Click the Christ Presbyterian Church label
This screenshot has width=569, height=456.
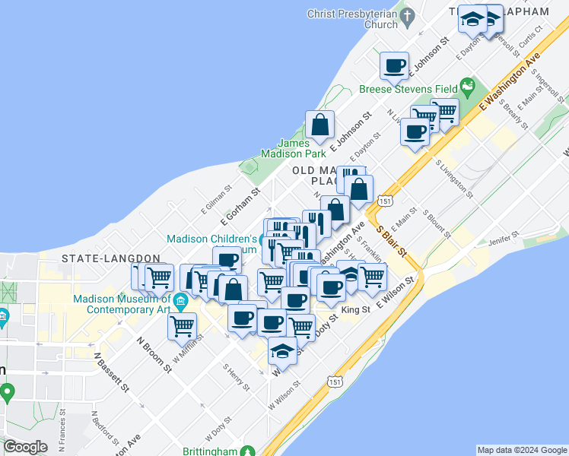click(x=351, y=19)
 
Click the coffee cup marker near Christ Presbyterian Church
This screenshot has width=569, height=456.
click(x=394, y=67)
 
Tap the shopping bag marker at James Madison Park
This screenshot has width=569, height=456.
click(x=320, y=126)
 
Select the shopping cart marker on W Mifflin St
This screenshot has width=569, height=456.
click(x=182, y=327)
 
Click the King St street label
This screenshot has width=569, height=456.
click(x=355, y=310)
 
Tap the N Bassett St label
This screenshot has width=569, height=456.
click(x=112, y=372)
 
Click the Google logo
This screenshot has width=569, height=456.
click(x=26, y=447)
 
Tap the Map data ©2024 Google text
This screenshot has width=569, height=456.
click(x=522, y=450)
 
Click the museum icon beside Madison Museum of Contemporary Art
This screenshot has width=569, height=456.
click(x=180, y=301)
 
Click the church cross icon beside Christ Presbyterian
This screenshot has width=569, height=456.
click(x=408, y=16)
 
